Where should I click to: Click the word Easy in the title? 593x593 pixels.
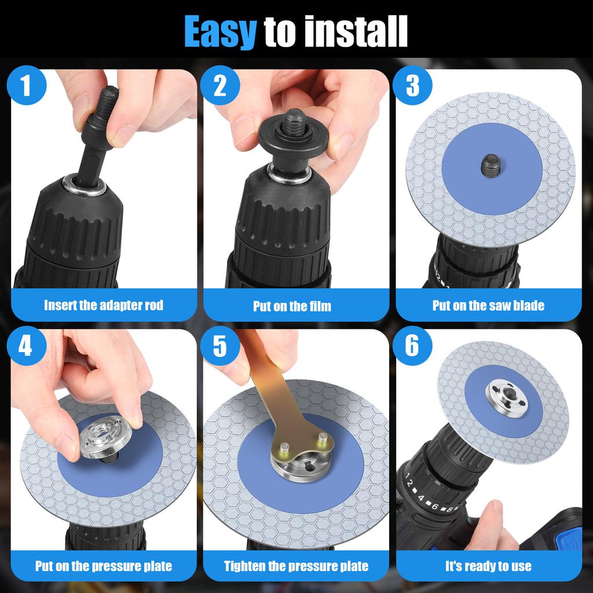(x=219, y=31)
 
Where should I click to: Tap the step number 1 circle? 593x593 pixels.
(x=25, y=86)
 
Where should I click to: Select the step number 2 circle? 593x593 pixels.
(x=219, y=86)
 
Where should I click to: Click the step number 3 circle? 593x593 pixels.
(x=412, y=86)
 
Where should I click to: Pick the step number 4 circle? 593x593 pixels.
(x=25, y=346)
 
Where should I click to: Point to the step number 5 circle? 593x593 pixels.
(x=219, y=346)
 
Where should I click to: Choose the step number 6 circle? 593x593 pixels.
(x=412, y=346)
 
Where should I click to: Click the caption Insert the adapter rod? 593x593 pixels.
(x=104, y=305)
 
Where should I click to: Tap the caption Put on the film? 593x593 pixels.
(x=292, y=306)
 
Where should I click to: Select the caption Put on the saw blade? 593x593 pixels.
(x=488, y=305)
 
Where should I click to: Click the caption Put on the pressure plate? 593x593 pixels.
(x=104, y=566)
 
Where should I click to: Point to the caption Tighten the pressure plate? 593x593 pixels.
(x=296, y=566)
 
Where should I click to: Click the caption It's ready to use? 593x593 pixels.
(x=488, y=566)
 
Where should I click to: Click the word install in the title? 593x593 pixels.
(x=336, y=31)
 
